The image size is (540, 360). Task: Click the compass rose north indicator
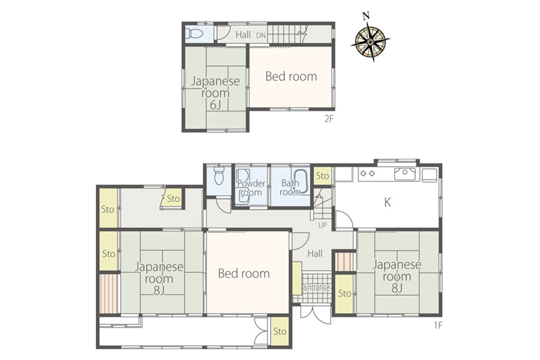click(366, 16)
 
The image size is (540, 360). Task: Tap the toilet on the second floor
click(194, 34)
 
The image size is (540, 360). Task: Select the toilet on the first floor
click(219, 176)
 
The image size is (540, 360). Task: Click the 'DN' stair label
click(261, 35)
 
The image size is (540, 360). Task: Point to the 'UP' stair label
click(323, 226)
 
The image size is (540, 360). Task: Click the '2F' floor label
click(329, 119)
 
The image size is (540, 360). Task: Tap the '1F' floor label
click(437, 325)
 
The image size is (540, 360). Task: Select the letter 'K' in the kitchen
click(387, 202)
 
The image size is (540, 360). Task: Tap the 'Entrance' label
click(317, 288)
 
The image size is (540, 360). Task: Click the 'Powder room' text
click(251, 188)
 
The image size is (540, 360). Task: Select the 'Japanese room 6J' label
click(215, 93)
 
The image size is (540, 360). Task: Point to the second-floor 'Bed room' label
click(292, 76)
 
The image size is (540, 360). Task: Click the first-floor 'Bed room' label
click(244, 274)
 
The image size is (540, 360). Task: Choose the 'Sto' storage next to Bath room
click(323, 176)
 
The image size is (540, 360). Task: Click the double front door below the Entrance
click(315, 313)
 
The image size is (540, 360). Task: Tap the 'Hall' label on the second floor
click(243, 35)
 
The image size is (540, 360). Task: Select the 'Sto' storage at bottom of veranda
click(279, 332)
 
